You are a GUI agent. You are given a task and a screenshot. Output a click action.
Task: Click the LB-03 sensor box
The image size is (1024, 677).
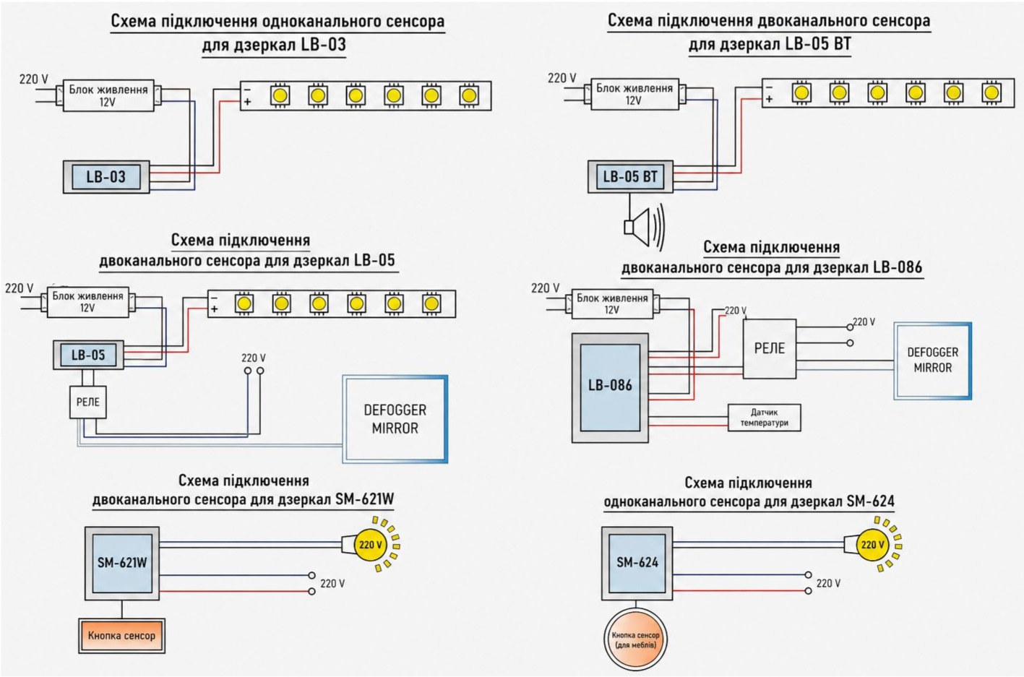click(x=106, y=177)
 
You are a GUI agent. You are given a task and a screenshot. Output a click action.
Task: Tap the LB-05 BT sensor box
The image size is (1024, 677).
click(x=630, y=176)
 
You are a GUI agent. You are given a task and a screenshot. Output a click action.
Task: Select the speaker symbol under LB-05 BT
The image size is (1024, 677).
click(x=644, y=227)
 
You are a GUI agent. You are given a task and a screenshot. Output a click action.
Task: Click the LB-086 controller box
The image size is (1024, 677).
click(x=611, y=388)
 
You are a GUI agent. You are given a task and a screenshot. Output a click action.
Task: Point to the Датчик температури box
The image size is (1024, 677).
click(x=765, y=418)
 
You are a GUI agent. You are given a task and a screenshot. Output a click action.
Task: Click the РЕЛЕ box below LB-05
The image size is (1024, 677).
click(x=87, y=402)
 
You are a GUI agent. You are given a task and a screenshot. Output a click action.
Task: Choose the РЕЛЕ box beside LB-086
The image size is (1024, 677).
click(x=770, y=348)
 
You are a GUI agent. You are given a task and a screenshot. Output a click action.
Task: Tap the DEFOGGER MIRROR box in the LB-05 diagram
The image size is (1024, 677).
click(x=395, y=419)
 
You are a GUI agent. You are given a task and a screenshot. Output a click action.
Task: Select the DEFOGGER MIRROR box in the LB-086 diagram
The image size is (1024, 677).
click(x=932, y=361)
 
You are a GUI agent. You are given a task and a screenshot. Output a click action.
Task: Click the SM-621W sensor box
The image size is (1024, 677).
click(x=122, y=563)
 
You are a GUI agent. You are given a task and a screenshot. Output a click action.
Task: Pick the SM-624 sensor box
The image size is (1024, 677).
click(x=637, y=563)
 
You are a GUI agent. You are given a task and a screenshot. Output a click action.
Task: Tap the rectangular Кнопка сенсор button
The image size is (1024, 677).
click(x=121, y=636)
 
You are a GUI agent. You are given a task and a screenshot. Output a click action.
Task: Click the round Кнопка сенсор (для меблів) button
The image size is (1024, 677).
click(x=636, y=639)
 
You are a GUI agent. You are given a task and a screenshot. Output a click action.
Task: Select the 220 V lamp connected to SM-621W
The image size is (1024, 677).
click(x=371, y=545)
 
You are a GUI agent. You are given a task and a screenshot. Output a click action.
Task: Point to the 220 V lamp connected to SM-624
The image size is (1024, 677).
click(x=873, y=545)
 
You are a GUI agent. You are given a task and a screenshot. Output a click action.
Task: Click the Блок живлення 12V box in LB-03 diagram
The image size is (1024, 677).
click(x=108, y=96)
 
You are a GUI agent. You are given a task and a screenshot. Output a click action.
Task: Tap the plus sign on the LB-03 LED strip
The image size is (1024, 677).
click(x=247, y=101)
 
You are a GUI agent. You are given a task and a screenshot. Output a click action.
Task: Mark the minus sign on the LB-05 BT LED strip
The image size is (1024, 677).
click(x=769, y=87)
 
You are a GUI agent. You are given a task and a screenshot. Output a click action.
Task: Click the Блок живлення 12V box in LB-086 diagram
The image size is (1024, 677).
click(x=612, y=304)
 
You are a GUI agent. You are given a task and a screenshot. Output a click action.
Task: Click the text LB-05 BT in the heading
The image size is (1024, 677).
click(x=818, y=44)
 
